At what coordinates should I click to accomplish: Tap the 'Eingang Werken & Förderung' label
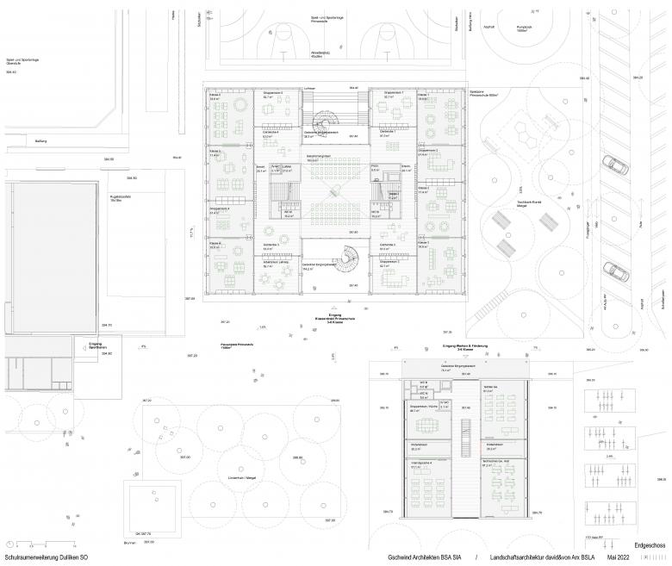464,345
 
